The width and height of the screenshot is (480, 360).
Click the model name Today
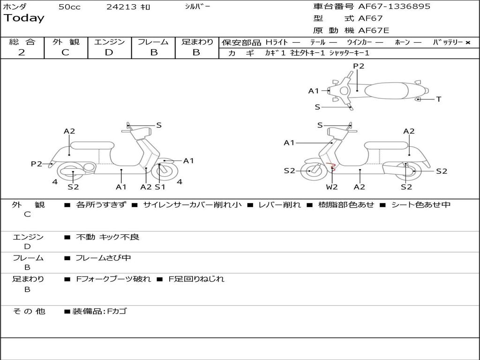pyautogui.click(x=24, y=18)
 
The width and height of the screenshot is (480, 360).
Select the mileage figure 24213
pyautogui.click(x=121, y=7)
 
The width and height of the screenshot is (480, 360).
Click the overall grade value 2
pyautogui.click(x=22, y=52)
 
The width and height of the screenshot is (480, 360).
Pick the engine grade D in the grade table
pyautogui.click(x=109, y=52)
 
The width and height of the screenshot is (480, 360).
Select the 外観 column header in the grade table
pyautogui.click(x=66, y=42)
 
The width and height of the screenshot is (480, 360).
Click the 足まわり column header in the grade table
pyautogui.click(x=197, y=42)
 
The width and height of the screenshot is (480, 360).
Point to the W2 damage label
pyautogui.click(x=332, y=187)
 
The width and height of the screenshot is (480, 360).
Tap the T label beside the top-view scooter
pyautogui.click(x=438, y=99)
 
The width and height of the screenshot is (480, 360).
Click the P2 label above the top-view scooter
pyautogui.click(x=359, y=66)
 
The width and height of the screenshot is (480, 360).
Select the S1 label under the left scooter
pyautogui.click(x=160, y=187)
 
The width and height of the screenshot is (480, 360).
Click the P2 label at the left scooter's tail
pyautogui.click(x=37, y=164)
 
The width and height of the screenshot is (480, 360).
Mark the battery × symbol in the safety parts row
pyautogui.click(x=467, y=43)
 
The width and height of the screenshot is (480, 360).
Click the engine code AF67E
pyautogui.click(x=374, y=31)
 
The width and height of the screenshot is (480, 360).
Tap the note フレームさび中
pyautogui.click(x=103, y=258)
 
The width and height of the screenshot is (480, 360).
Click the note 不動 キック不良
pyautogui.click(x=107, y=237)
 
